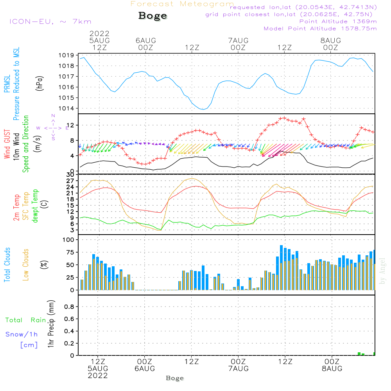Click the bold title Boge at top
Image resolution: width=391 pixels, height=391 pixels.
click(152, 16)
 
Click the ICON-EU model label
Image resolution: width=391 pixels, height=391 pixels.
click(50, 22)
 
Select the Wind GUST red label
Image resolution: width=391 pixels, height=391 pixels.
click(7, 144)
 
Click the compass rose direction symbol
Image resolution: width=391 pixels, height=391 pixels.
click(53, 127)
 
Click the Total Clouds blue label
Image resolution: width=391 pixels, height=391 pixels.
click(7, 265)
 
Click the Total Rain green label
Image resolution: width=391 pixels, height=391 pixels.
click(25, 320)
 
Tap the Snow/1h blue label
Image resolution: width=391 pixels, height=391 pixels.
click(22, 334)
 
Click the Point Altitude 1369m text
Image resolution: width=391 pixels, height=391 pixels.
click(338, 21)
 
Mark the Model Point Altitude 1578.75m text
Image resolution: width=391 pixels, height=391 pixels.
click(320, 29)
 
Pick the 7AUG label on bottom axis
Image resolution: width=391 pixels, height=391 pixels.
click(238, 369)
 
